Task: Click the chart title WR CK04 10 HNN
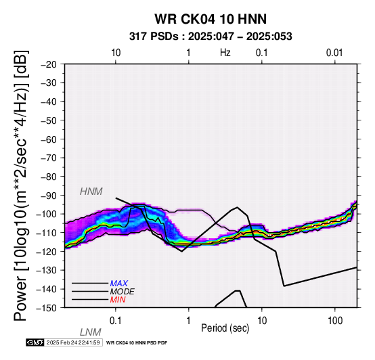tap(211, 19)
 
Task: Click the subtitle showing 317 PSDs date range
tap(211, 37)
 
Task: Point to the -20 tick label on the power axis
tap(49, 64)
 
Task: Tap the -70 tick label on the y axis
tap(49, 158)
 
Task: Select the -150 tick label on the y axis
tap(47, 308)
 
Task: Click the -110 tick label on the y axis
tap(47, 233)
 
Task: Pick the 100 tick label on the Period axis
tap(335, 321)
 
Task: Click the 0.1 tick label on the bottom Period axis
tap(115, 321)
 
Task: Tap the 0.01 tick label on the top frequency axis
tap(334, 53)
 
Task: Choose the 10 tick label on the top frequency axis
tap(116, 53)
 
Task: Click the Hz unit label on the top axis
tap(225, 53)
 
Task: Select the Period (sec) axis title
tap(225, 328)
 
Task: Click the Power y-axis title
tap(21, 185)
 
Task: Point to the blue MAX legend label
tap(119, 284)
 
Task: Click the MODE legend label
tap(123, 292)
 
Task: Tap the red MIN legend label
tap(118, 300)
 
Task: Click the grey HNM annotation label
tap(91, 192)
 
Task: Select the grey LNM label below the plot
tap(91, 332)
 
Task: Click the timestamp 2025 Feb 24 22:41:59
tap(73, 342)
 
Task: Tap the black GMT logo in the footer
tap(35, 342)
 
